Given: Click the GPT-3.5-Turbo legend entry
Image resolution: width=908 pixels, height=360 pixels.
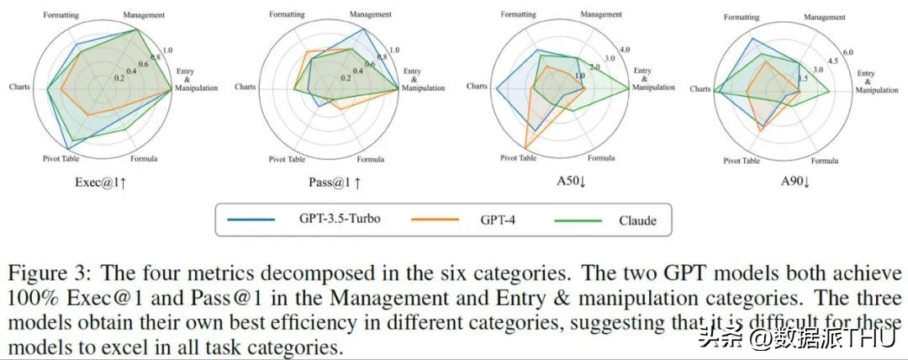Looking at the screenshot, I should (339, 220).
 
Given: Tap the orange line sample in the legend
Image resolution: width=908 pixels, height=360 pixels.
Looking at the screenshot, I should (435, 220).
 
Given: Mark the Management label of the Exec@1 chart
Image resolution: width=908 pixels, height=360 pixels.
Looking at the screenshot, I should (144, 15).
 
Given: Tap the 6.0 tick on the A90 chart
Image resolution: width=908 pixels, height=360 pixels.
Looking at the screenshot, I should (848, 53).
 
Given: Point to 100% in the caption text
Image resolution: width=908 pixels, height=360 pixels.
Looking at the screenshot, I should (31, 299).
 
